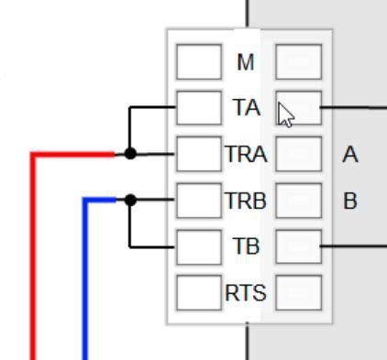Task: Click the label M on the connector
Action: (x=245, y=63)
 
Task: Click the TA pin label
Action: (x=245, y=108)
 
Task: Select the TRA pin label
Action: (x=245, y=154)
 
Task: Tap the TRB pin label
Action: (x=245, y=200)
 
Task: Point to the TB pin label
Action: (x=245, y=245)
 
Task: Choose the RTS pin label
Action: (x=245, y=293)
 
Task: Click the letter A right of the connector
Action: (x=349, y=155)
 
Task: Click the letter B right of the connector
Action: (x=349, y=201)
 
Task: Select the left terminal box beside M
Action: (x=197, y=63)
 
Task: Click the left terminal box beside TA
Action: (x=197, y=108)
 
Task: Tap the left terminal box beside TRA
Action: (x=197, y=154)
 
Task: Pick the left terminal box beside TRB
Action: (x=197, y=200)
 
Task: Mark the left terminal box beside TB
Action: (x=197, y=245)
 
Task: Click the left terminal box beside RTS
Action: (x=197, y=292)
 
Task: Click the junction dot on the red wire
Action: (x=130, y=154)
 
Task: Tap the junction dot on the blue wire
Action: (x=130, y=199)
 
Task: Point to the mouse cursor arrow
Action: (x=285, y=115)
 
